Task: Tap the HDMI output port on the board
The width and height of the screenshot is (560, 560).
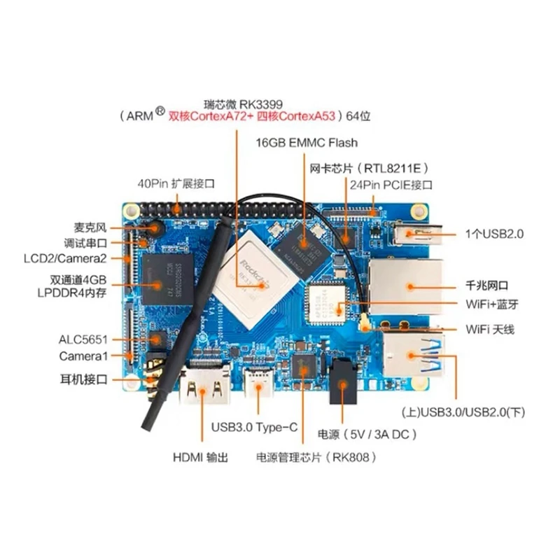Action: pos(204,384)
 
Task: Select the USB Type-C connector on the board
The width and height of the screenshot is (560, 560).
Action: pos(258,382)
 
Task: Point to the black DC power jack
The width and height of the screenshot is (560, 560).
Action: pos(343,381)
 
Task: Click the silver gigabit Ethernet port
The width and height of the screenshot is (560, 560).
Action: pos(407,286)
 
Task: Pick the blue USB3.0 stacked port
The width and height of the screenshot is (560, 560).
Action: pos(414,355)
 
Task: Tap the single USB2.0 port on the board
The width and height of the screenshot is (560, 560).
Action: pos(418,234)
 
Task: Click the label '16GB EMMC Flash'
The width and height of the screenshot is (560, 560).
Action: pos(307,143)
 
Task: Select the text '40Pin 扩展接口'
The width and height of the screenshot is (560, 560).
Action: pos(176,184)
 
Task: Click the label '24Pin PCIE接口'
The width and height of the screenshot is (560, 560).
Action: pos(391,185)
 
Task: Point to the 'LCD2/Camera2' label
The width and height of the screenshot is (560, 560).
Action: pos(65,258)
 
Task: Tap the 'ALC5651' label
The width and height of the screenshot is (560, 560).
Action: pos(83,339)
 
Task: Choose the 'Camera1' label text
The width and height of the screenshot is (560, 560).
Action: pos(83,356)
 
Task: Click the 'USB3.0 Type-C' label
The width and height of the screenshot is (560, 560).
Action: pos(254,427)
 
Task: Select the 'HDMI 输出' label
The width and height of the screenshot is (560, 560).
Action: pos(200,458)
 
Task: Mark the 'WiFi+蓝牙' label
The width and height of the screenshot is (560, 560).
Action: pos(492,304)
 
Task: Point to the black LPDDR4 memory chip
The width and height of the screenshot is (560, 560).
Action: pos(168,279)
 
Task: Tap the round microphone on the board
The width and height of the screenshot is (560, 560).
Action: pos(155,228)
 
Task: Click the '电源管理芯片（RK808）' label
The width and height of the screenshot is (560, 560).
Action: pos(316,458)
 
